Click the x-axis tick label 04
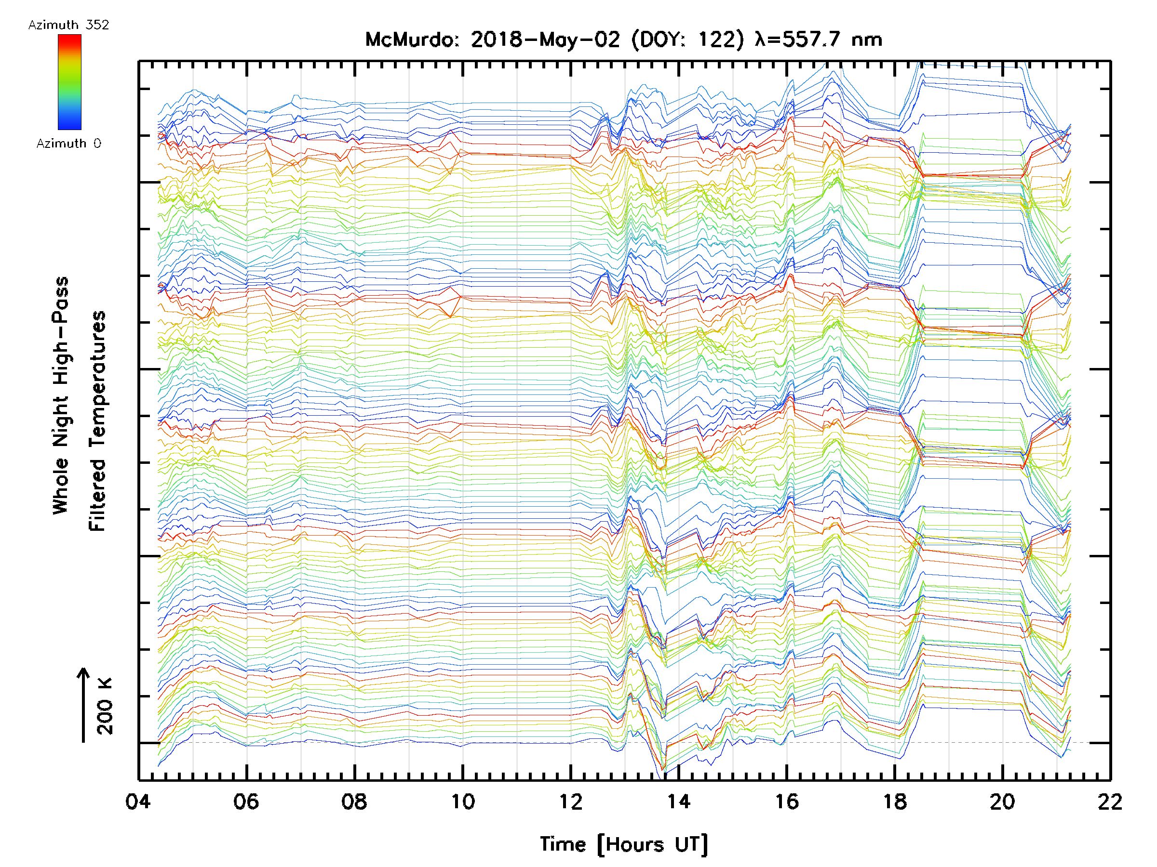click(138, 801)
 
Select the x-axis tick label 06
click(246, 801)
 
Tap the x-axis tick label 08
click(354, 801)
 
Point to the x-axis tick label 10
click(463, 801)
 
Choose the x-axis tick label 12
click(571, 801)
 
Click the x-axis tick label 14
click(679, 801)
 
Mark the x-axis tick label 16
click(787, 801)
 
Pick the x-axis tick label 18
click(895, 801)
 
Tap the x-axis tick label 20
click(1003, 801)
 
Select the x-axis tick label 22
click(1110, 801)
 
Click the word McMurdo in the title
click(411, 39)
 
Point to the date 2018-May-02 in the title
click(546, 39)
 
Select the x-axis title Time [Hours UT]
click(624, 844)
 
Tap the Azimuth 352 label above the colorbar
click(68, 25)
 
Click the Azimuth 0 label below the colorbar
click(68, 143)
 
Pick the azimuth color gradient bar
click(69, 82)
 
